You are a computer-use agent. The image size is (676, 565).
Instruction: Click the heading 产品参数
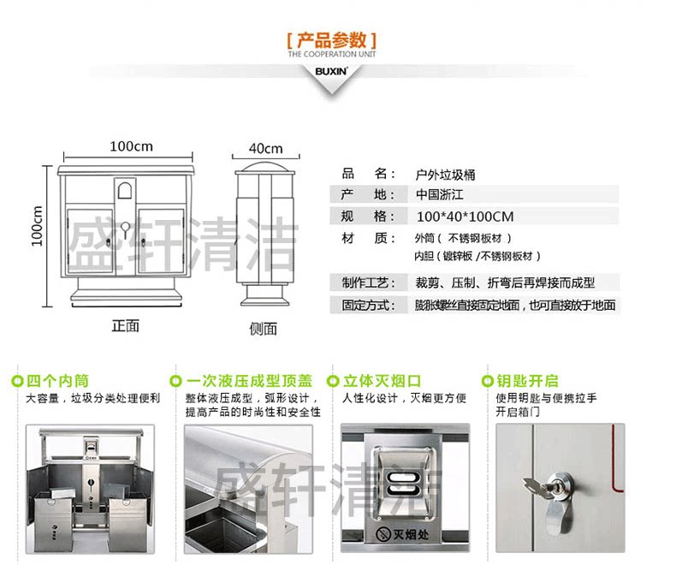(x=331, y=40)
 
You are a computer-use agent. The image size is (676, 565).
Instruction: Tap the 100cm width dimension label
(x=131, y=146)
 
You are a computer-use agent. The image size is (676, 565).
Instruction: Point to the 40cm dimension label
(x=265, y=148)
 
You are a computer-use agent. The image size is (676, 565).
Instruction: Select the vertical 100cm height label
(x=38, y=226)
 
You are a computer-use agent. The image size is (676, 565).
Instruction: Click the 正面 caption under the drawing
(x=125, y=325)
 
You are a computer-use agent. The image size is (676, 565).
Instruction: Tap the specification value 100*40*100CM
(x=465, y=217)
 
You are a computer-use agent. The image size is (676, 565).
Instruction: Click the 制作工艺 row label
(x=369, y=282)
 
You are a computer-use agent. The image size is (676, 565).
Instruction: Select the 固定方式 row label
(x=369, y=305)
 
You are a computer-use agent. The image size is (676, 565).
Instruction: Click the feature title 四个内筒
(x=57, y=381)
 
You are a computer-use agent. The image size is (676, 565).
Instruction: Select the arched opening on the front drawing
(x=125, y=189)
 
